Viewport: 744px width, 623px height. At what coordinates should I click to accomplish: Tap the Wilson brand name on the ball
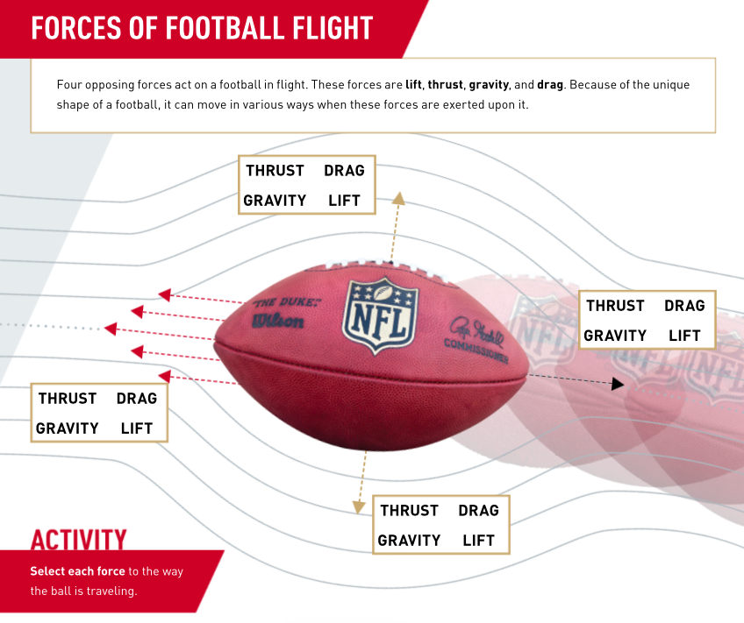[278, 322]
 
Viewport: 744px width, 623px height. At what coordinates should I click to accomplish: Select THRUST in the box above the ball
[275, 171]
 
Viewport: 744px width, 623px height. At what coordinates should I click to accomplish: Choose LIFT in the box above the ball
[344, 201]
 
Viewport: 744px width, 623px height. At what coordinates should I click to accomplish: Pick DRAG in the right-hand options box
[684, 306]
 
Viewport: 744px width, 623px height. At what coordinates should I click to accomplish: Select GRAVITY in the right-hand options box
[615, 336]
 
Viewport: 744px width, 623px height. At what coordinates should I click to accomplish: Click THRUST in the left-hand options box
[68, 399]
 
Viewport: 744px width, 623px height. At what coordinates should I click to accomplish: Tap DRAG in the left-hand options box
[137, 399]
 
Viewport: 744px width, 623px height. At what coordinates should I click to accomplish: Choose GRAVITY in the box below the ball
[409, 541]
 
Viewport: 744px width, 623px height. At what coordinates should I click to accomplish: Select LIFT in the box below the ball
[478, 541]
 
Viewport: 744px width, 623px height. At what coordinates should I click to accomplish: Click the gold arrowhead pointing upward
[397, 198]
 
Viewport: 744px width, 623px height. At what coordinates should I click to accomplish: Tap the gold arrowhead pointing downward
[359, 506]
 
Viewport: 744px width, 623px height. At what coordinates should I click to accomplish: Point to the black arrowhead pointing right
[618, 384]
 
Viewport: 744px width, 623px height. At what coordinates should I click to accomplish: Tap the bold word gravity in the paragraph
[489, 85]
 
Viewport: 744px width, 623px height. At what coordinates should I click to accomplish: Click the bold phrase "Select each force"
[77, 571]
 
